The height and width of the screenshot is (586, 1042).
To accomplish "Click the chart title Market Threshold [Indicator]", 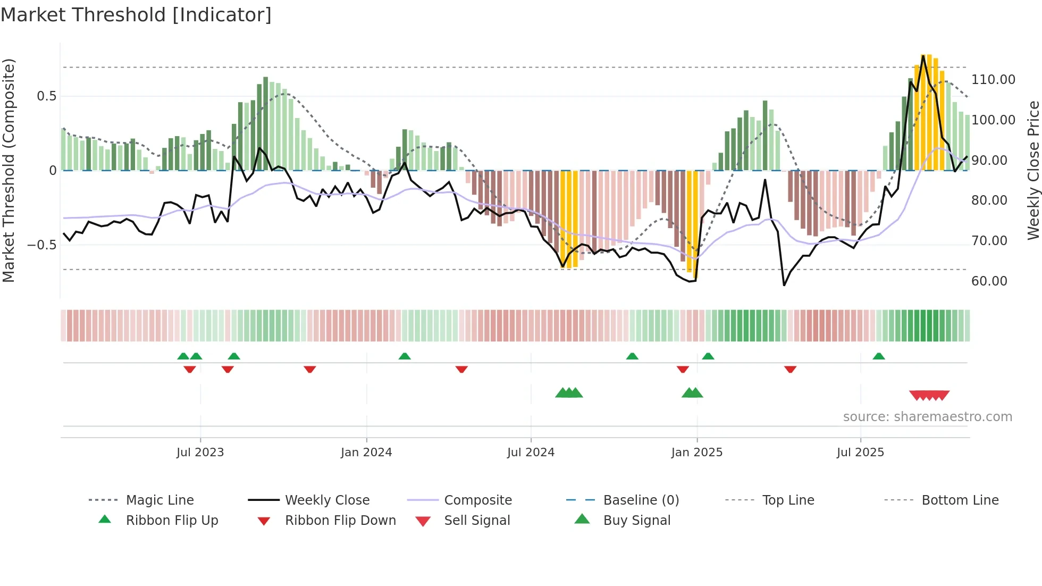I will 136,15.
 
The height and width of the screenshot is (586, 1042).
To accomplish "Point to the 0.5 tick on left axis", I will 46,96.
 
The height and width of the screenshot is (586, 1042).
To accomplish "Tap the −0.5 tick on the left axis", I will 42,245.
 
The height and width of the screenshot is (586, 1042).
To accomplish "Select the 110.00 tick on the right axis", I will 993,80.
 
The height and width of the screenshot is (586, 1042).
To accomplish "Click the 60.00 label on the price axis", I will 989,281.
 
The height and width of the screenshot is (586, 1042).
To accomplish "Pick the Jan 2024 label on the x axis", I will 366,453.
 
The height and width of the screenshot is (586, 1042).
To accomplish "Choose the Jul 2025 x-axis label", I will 860,453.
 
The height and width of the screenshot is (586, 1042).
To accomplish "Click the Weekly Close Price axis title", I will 1033,170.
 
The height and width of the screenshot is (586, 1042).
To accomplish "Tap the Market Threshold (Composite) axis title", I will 9,170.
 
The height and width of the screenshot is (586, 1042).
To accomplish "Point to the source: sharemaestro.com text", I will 927,417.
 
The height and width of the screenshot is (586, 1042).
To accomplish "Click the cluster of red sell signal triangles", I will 929,395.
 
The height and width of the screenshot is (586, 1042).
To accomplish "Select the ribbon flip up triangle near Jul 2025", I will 878,356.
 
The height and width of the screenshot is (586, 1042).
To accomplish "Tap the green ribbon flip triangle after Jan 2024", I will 405,356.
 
